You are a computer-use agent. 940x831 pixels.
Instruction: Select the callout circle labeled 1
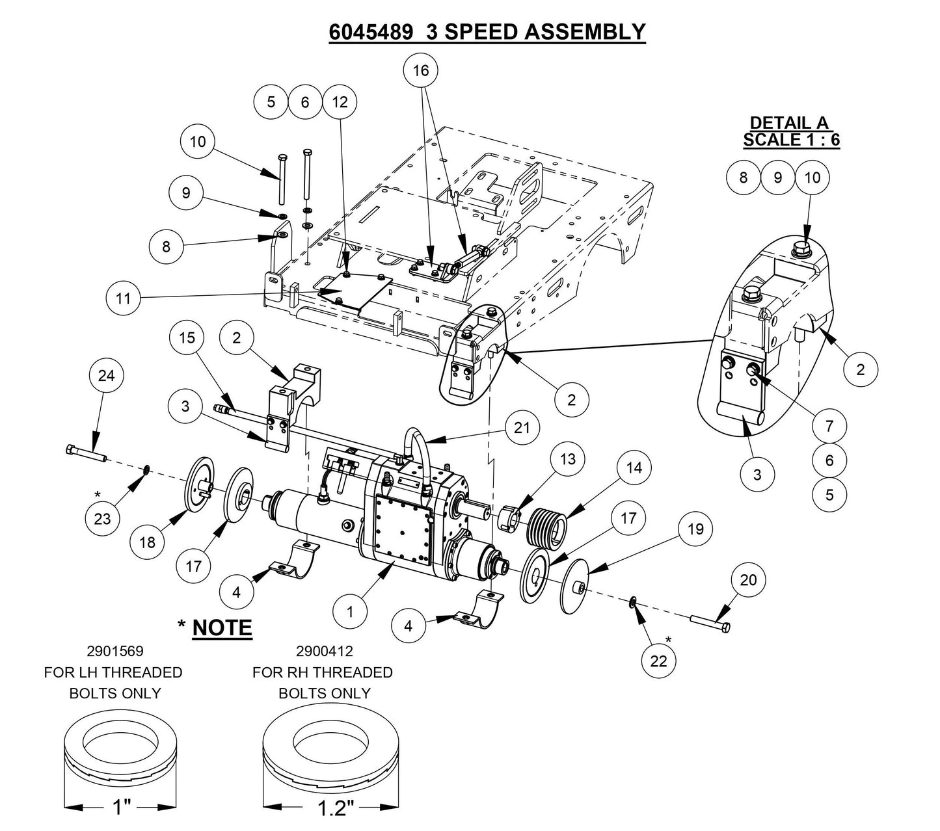[349, 612]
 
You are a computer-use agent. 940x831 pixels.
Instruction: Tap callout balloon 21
[522, 427]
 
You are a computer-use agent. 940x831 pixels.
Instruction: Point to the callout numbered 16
[421, 70]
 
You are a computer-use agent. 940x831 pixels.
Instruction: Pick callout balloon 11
[124, 298]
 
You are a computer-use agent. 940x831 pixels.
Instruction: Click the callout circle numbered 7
[829, 426]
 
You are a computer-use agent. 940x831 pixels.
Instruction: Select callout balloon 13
[567, 459]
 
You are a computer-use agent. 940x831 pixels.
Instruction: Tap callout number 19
[695, 529]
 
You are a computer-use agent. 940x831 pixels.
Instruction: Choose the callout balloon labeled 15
[187, 338]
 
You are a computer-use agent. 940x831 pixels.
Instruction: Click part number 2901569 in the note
[114, 651]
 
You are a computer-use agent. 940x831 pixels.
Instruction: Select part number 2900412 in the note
[323, 651]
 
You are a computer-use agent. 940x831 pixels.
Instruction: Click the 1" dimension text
[122, 808]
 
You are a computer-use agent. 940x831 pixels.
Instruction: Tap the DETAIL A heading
[790, 122]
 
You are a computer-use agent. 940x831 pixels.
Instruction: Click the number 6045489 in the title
[370, 32]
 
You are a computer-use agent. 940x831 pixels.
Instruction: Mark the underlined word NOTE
[222, 627]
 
